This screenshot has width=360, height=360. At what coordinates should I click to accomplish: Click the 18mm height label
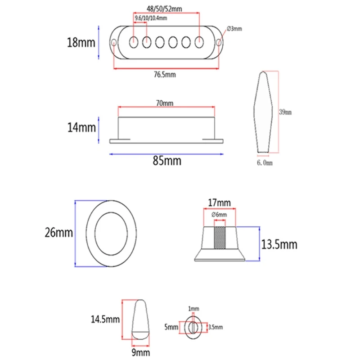click(x=81, y=42)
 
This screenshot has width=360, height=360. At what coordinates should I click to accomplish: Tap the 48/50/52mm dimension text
click(x=164, y=9)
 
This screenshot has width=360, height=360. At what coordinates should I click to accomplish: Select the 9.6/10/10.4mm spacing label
click(x=151, y=18)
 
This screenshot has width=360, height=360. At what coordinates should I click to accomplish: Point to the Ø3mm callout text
click(x=234, y=29)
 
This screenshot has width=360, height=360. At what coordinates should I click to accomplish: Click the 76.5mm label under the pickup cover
click(x=165, y=75)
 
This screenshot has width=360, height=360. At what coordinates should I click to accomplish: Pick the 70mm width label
click(x=165, y=103)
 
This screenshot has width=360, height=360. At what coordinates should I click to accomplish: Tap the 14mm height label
click(x=81, y=127)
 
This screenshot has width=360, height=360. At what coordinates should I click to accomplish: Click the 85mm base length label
click(x=167, y=161)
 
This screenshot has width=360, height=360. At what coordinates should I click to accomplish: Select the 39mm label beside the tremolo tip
click(x=285, y=112)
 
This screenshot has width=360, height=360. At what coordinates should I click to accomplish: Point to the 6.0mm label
click(x=265, y=163)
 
